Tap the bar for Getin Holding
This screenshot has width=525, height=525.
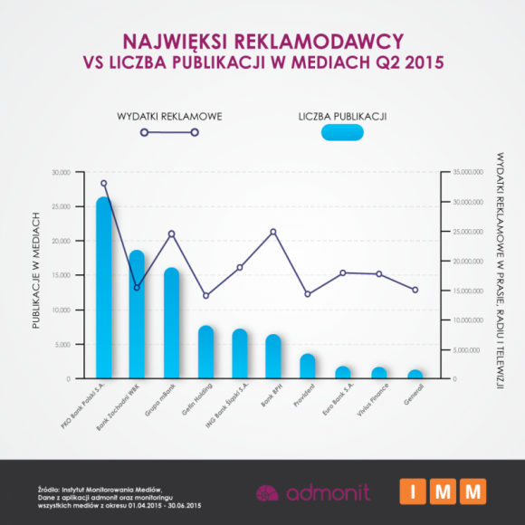205,352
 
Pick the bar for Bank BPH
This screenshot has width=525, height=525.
273,357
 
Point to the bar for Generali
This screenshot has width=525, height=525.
415,374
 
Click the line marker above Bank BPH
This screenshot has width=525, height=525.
273,232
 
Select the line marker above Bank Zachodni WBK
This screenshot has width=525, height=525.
138,288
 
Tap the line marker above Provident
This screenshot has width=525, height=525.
308,294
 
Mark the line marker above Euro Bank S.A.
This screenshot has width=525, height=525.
342,272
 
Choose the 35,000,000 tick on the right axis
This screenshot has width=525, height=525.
468,172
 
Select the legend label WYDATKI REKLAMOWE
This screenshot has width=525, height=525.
169,117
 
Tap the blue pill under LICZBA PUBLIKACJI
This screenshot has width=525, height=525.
342,133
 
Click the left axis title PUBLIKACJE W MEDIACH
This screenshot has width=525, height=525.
37,274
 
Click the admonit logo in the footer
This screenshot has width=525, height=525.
307,493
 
